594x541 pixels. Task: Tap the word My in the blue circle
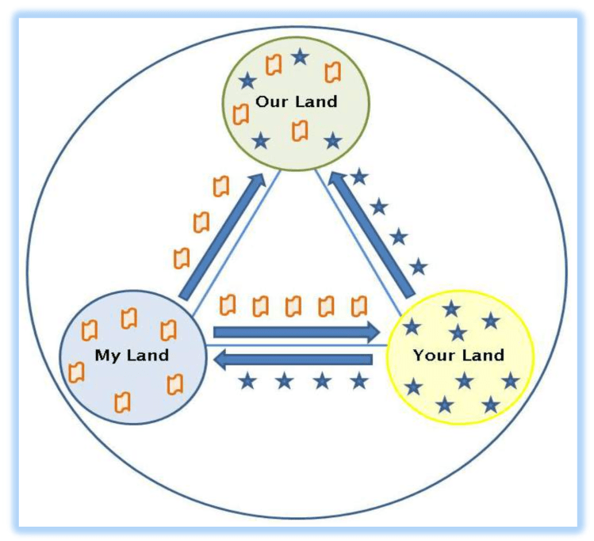[106, 355]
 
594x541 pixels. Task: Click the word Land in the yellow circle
[484, 355]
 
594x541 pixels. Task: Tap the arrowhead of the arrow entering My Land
[221, 360]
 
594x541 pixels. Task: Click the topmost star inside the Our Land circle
[300, 56]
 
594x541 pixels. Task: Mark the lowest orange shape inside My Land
[122, 402]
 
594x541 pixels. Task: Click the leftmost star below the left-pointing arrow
[248, 381]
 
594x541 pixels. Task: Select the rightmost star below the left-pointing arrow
[360, 381]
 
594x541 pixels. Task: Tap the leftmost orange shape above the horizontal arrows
[228, 304]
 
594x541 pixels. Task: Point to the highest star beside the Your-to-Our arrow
[360, 176]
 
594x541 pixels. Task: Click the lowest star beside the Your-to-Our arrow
[419, 267]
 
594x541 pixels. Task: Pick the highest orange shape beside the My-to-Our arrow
[221, 187]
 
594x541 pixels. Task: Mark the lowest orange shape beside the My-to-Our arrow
[182, 257]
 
